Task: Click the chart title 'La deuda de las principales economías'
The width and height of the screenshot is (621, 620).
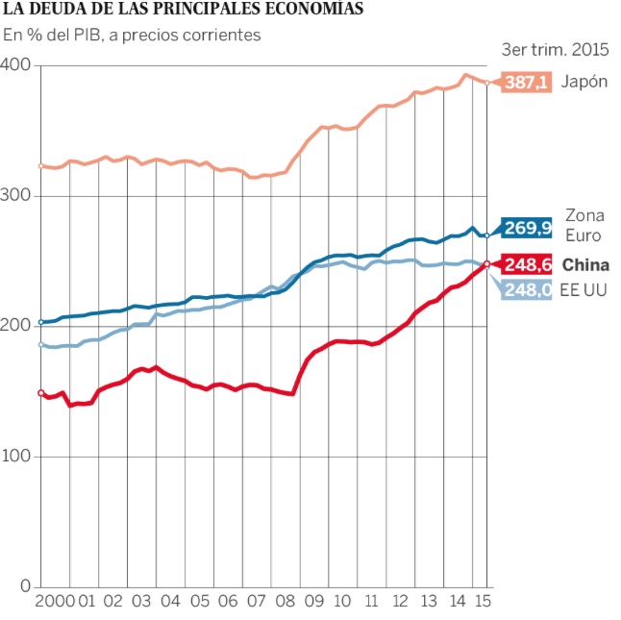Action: click(184, 10)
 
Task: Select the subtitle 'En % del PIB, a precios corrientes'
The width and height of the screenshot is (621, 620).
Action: click(132, 35)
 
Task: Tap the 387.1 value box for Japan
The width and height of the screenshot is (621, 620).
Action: click(527, 83)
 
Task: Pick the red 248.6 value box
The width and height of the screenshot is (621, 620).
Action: click(527, 264)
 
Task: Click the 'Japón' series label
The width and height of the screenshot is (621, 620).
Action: click(584, 82)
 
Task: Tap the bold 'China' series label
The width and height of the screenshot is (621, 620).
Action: click(585, 264)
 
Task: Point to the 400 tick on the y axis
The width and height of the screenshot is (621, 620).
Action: click(17, 64)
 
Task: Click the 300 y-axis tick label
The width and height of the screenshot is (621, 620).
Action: click(17, 195)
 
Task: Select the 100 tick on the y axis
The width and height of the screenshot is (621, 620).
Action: click(17, 456)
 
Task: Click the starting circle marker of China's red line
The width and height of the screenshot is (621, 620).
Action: click(41, 392)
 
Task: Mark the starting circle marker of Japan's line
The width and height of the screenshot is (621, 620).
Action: click(41, 166)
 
